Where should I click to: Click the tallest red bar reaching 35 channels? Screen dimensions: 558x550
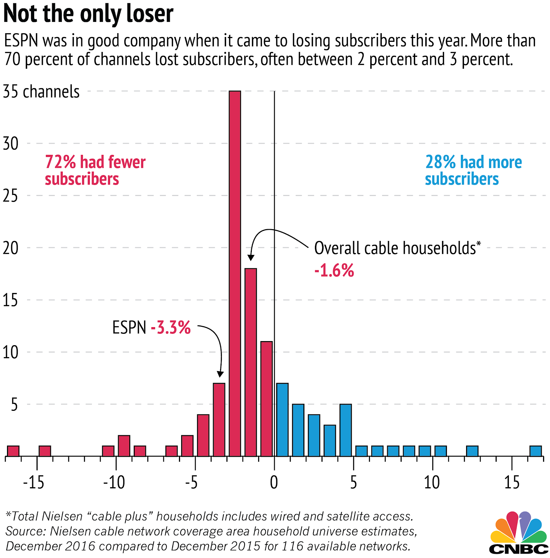point(235,273)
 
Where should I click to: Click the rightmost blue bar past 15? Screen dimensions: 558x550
point(536,451)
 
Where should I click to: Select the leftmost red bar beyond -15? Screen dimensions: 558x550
point(13,451)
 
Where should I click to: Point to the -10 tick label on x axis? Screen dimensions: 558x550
point(114,483)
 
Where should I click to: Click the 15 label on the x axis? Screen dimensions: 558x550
point(512,483)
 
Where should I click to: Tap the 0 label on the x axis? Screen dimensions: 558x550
point(274,483)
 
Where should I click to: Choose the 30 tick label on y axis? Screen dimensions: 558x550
point(10,143)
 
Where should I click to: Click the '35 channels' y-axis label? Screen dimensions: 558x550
point(41,92)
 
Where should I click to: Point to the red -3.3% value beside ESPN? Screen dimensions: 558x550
point(171,327)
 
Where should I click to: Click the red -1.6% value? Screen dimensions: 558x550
point(334,271)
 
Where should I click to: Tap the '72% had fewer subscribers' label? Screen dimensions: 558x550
point(95,171)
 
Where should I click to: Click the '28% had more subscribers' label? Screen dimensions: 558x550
point(473,171)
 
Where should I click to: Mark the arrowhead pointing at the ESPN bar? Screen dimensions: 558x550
point(220,374)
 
